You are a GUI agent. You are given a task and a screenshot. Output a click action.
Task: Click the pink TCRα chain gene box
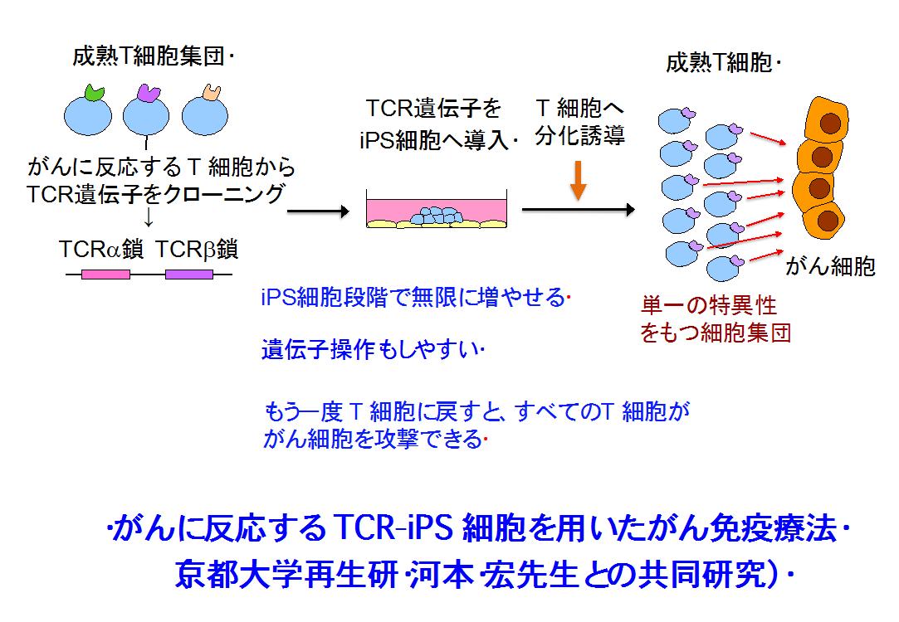click(105, 274)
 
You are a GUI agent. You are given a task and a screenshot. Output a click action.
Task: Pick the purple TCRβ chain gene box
click(188, 274)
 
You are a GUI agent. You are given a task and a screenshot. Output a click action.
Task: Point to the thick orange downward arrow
click(579, 181)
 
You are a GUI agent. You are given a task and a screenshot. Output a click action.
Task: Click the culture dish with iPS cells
click(437, 212)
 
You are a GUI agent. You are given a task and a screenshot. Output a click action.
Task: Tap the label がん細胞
click(830, 266)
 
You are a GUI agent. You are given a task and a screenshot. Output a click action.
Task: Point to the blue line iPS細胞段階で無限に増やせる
click(413, 297)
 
